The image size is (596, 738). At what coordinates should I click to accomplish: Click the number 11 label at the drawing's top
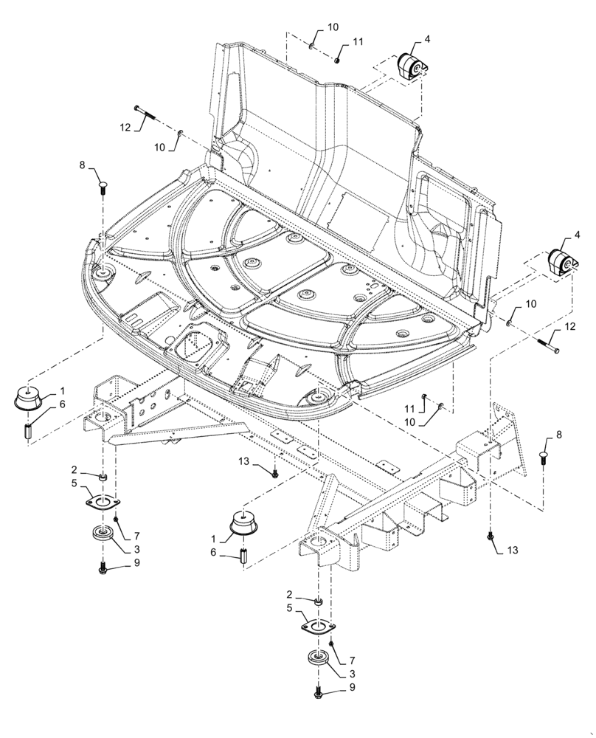358,44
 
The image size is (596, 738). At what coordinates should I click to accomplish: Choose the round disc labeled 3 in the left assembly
101,534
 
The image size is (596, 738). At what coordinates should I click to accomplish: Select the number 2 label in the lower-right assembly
290,594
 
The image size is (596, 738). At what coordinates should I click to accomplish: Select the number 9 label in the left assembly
136,562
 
